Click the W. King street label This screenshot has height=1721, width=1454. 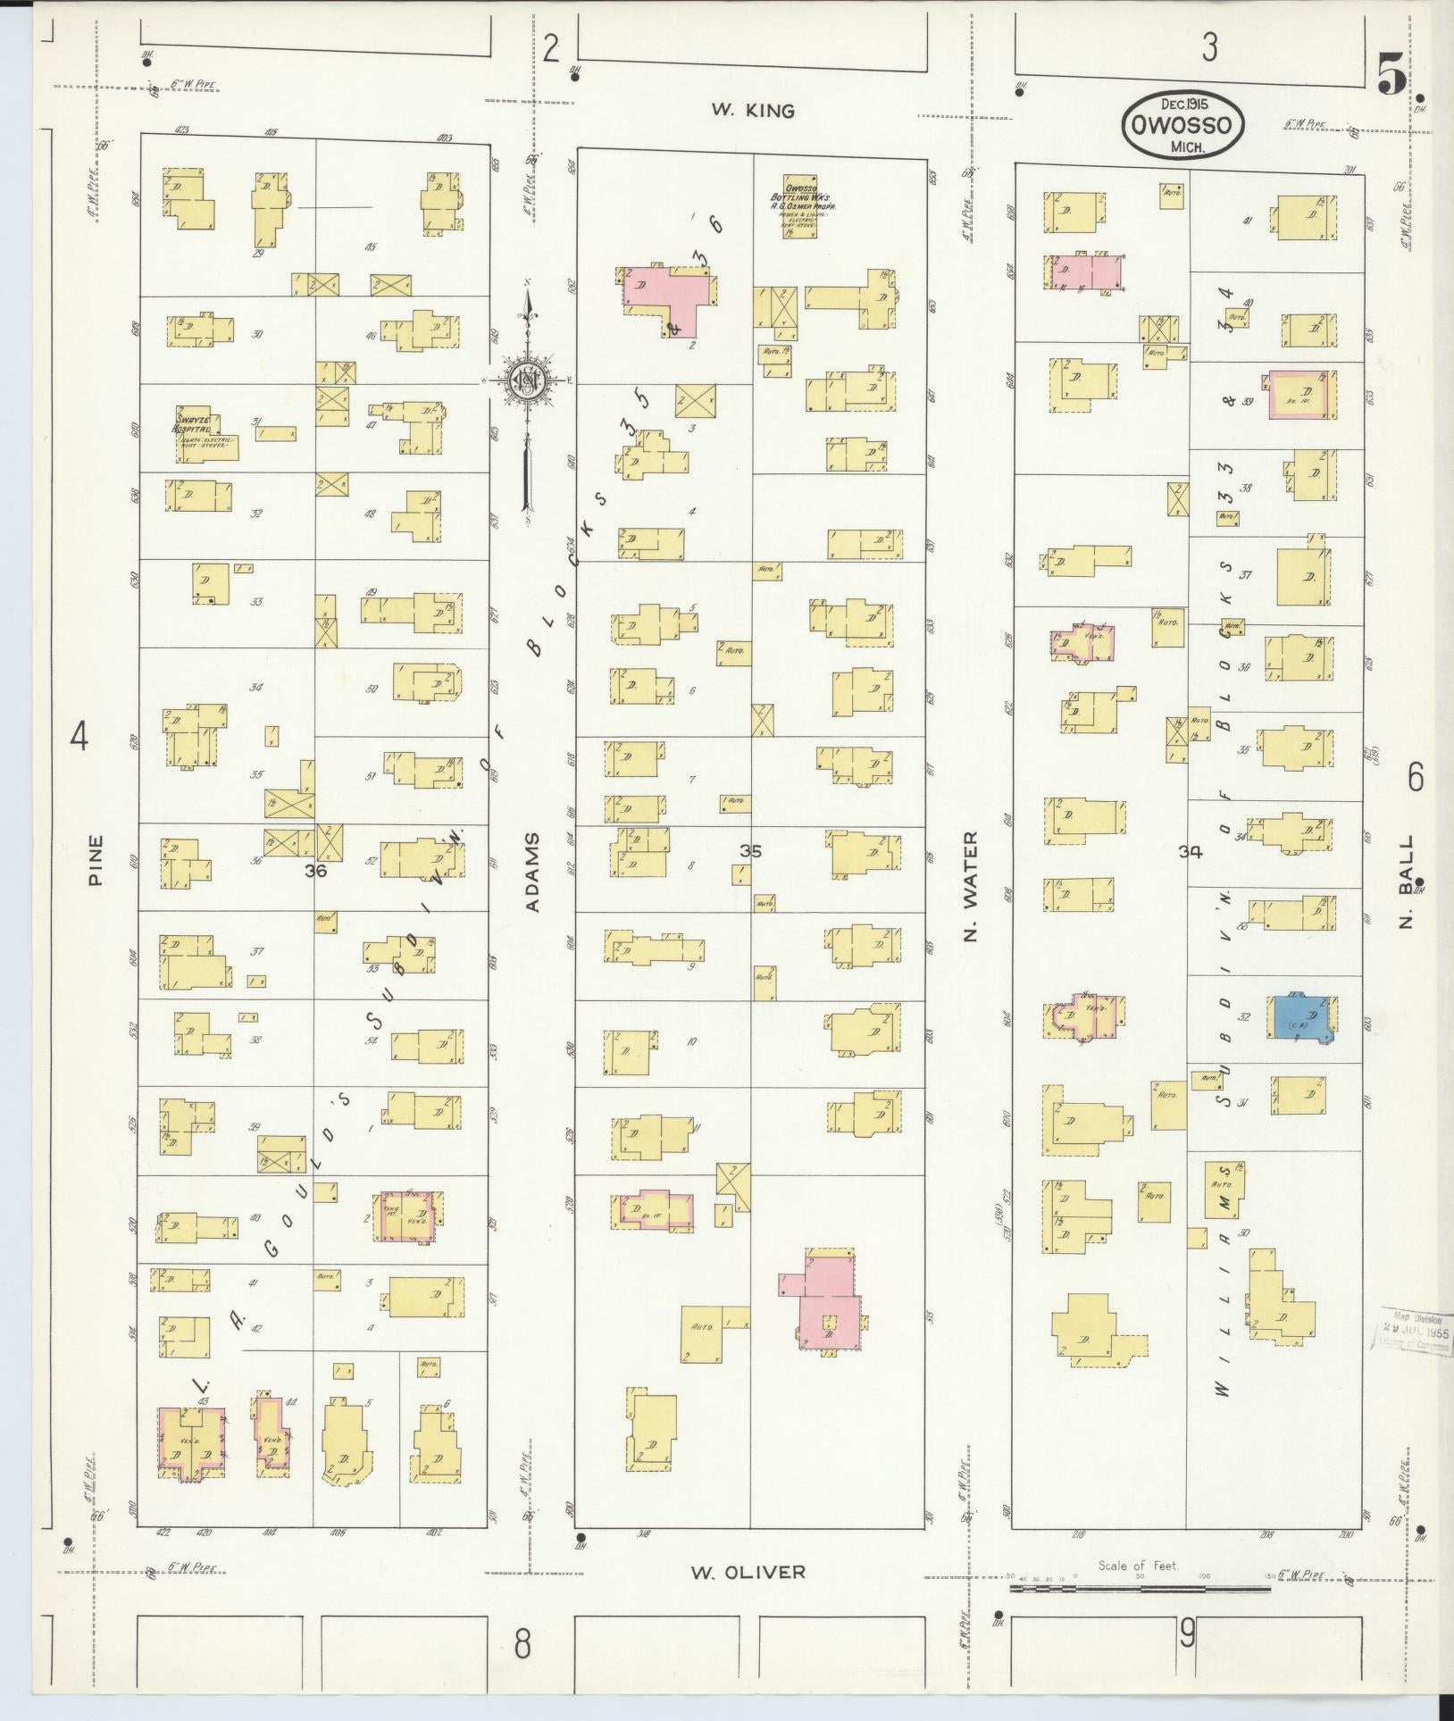pos(752,111)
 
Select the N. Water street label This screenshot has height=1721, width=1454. pos(971,887)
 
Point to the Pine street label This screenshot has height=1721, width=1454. pos(96,859)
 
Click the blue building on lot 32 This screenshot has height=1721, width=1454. pos(1301,1017)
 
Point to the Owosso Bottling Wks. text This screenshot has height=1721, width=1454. pos(802,197)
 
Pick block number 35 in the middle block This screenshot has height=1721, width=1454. pos(750,851)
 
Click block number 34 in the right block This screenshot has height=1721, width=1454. pos(1190,852)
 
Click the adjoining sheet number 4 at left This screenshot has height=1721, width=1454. pos(79,738)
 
